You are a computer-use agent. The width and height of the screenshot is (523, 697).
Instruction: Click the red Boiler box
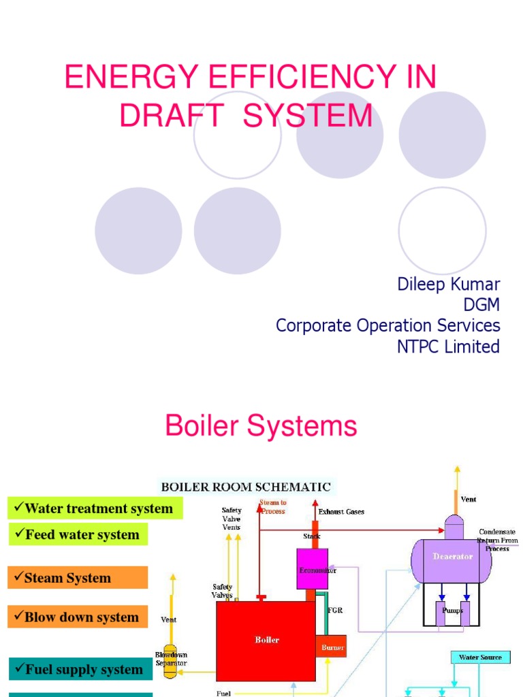point(266,641)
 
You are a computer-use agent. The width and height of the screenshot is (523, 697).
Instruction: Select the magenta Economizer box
point(313,568)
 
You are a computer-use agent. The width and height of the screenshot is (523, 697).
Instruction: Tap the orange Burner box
point(331,647)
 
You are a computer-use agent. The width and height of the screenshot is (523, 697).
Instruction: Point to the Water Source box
point(479,658)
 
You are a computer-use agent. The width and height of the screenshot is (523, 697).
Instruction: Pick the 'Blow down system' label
point(78,617)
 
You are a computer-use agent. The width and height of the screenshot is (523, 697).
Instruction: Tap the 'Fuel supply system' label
point(80,669)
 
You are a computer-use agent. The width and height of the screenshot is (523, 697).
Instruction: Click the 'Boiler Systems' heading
point(261,427)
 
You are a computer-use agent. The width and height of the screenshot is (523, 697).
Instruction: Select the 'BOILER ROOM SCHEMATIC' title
point(245,487)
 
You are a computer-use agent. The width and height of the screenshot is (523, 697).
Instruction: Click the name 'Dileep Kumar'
point(448,285)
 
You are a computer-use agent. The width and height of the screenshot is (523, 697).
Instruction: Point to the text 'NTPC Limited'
point(448,346)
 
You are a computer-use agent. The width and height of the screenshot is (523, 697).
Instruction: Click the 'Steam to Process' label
point(272,506)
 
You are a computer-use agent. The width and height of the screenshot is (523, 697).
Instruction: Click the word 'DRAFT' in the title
point(171,115)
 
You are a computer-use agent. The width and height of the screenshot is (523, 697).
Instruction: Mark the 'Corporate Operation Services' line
point(387,326)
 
